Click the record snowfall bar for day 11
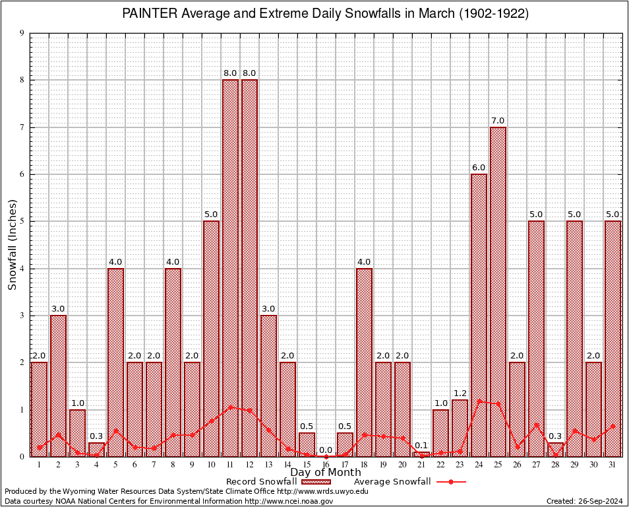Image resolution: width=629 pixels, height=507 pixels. (230, 267)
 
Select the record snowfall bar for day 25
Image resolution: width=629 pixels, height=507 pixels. (498, 291)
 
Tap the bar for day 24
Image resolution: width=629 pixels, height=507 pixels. (479, 315)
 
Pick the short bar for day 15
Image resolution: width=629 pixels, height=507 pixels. (307, 444)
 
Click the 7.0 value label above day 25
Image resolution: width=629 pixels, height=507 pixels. (498, 120)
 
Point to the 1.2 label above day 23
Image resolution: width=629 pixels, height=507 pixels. (460, 393)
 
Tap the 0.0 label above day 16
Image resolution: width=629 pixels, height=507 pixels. (326, 450)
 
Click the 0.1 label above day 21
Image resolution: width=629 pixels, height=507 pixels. (421, 445)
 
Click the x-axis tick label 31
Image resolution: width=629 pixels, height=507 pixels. (613, 464)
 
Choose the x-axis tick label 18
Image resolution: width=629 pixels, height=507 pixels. (364, 464)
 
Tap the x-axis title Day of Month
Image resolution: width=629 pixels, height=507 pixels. (326, 473)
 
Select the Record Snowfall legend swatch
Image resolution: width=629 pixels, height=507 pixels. (316, 482)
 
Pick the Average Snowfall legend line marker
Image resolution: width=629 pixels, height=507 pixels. (450, 482)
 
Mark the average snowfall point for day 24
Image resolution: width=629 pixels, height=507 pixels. (479, 401)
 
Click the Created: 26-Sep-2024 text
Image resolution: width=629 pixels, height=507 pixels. (584, 502)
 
